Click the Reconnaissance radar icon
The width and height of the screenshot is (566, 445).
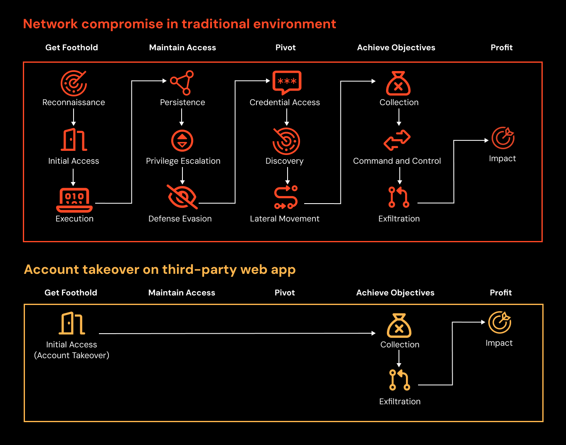tap(74, 83)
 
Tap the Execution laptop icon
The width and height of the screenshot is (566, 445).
tap(74, 200)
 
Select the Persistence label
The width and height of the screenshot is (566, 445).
tap(182, 102)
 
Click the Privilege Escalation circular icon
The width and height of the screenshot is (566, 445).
tap(182, 141)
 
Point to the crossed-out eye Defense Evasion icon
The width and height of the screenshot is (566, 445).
tap(182, 197)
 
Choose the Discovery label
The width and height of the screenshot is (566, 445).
tap(285, 161)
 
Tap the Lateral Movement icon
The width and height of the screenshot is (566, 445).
tap(286, 197)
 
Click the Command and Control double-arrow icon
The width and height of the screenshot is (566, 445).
tap(397, 140)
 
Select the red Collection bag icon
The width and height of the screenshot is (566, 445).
tap(399, 83)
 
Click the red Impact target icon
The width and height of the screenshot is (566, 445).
tap(503, 138)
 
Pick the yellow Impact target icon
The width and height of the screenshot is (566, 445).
tap(500, 322)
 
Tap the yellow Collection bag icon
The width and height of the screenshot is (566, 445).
tap(399, 326)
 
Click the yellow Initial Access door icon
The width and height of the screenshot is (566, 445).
tap(72, 323)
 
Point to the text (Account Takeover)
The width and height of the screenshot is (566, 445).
tap(71, 355)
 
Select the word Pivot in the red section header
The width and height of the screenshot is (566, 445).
tap(285, 48)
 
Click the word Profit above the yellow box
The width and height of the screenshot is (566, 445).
tap(501, 293)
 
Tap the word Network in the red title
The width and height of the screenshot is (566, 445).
tap(51, 24)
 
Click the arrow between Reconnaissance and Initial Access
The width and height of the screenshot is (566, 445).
tap(74, 117)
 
